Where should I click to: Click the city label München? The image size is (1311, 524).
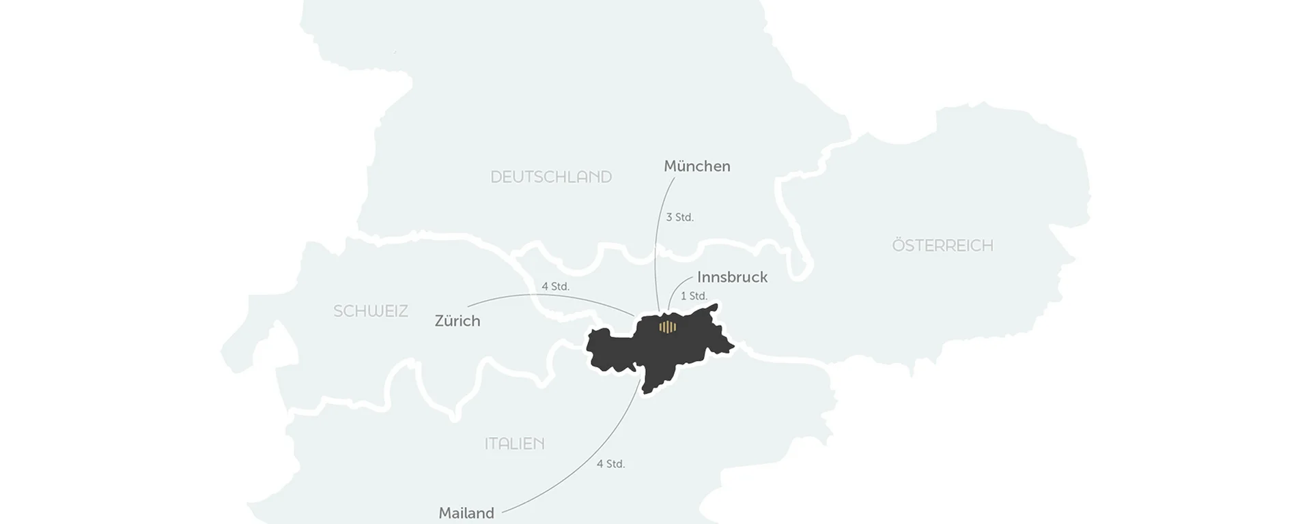(x=696, y=166)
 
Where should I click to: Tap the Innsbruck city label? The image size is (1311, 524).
(x=732, y=277)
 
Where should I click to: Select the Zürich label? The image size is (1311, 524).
(x=457, y=321)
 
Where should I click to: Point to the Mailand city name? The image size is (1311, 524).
(x=466, y=513)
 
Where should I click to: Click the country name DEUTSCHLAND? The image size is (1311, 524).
(x=551, y=177)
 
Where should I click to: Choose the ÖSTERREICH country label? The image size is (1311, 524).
(x=942, y=246)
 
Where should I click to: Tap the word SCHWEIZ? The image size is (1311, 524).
(x=371, y=311)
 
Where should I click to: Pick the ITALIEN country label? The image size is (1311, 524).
(x=514, y=443)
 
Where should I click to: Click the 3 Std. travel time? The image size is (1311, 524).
(x=679, y=218)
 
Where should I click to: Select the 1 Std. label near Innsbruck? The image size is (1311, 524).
(x=694, y=296)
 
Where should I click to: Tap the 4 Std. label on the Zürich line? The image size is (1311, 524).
(x=555, y=287)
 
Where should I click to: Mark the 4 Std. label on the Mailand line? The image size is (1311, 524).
(x=610, y=464)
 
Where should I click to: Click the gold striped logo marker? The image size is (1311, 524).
(x=667, y=327)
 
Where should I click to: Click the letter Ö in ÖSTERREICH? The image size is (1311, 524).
(x=899, y=245)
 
